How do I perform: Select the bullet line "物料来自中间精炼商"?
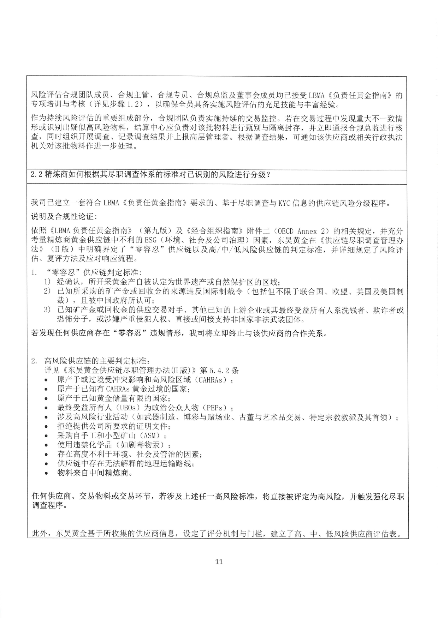[x=95, y=473]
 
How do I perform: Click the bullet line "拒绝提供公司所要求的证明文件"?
[x=114, y=426]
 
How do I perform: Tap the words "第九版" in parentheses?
[x=156, y=232]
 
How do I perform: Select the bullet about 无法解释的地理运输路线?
[x=125, y=463]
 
